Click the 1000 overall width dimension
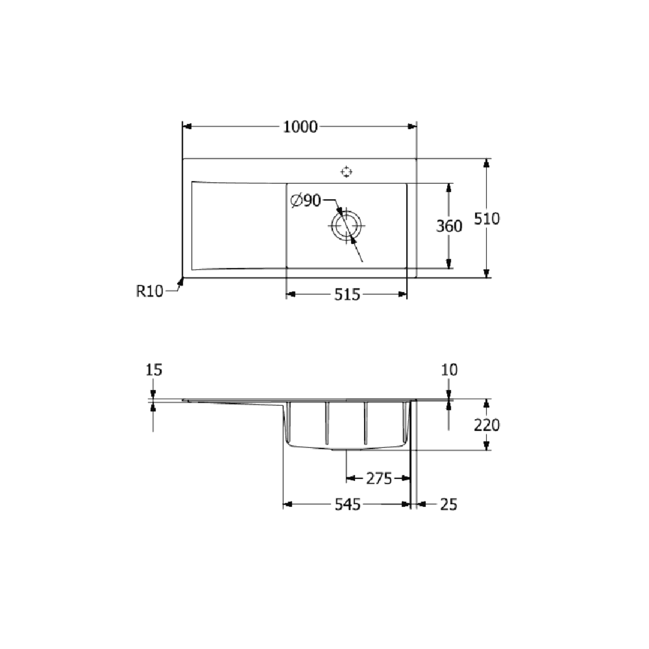click(300, 127)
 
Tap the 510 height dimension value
click(487, 219)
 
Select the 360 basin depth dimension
click(449, 226)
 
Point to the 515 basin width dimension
click(347, 294)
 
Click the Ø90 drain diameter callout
click(306, 200)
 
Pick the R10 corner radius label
click(149, 291)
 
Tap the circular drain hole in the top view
click(346, 226)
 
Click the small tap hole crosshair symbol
click(346, 172)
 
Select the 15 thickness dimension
click(154, 370)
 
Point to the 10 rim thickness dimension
click(449, 370)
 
